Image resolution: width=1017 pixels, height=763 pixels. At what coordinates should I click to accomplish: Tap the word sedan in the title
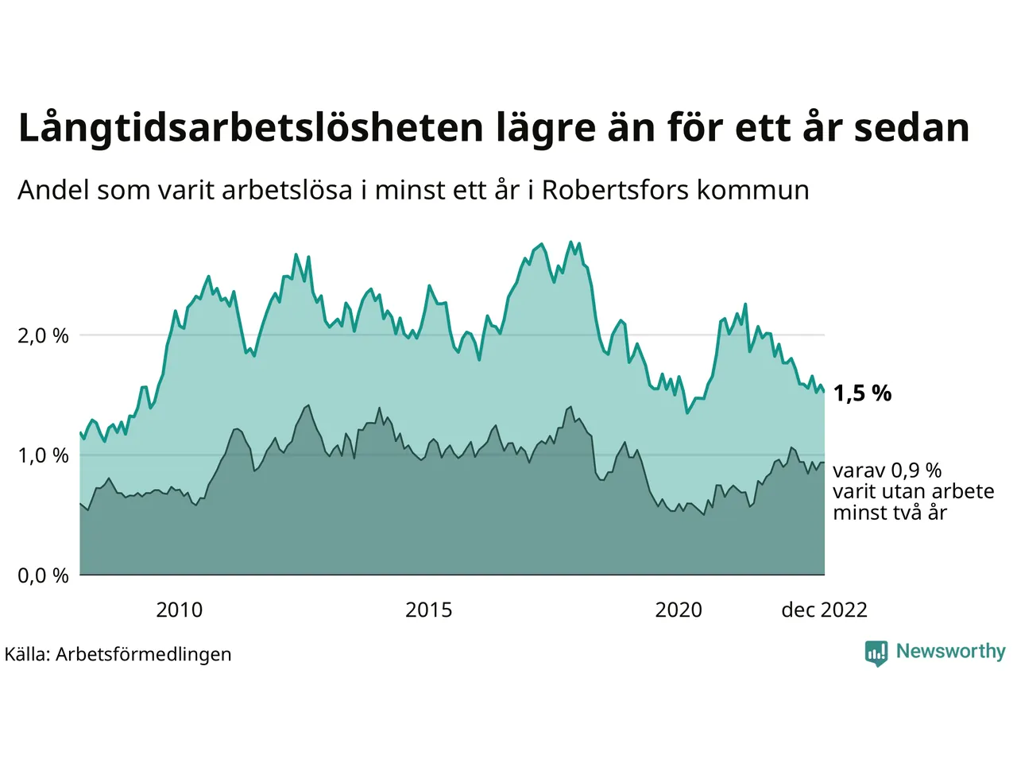(x=911, y=127)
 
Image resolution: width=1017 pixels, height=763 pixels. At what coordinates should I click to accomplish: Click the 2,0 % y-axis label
(x=43, y=336)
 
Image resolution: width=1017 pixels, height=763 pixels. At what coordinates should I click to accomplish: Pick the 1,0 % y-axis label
(x=43, y=456)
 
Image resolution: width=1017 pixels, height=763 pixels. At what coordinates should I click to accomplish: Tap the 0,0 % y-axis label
(x=43, y=575)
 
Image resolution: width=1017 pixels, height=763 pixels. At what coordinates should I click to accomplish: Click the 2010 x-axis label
(x=180, y=610)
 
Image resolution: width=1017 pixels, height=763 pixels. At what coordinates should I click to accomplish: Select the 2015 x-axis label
(x=429, y=610)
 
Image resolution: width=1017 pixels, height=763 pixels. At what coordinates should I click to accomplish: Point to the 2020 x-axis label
(x=679, y=610)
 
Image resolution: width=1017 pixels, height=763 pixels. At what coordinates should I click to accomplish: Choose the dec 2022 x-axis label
(x=824, y=610)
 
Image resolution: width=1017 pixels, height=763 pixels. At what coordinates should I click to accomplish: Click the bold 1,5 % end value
(x=862, y=393)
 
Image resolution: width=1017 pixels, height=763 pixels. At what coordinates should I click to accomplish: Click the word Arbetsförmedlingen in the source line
(x=144, y=655)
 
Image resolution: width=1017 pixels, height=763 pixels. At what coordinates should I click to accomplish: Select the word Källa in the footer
(x=27, y=655)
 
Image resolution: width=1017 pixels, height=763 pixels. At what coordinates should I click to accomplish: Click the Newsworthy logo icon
(x=876, y=653)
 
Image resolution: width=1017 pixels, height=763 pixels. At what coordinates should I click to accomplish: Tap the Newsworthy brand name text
(x=950, y=652)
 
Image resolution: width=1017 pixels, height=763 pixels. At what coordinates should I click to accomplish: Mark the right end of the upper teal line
(x=824, y=391)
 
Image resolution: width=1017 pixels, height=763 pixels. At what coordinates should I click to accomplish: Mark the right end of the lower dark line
(x=824, y=463)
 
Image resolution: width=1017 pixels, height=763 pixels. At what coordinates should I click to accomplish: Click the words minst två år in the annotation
(x=890, y=513)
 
